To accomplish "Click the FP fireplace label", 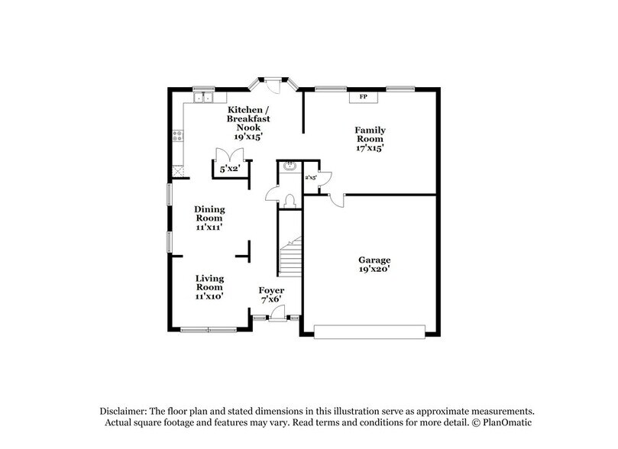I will pyautogui.click(x=364, y=97).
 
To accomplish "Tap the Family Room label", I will pyautogui.click(x=368, y=139).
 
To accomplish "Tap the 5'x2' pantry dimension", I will pyautogui.click(x=231, y=167).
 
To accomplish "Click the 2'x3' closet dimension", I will pyautogui.click(x=312, y=176).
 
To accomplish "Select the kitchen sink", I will pyautogui.click(x=202, y=97).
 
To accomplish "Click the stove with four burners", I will pyautogui.click(x=177, y=137).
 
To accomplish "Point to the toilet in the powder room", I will pyautogui.click(x=289, y=199).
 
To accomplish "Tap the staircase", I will pyautogui.click(x=290, y=257).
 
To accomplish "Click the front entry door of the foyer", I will pyautogui.click(x=278, y=313).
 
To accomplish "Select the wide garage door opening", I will pyautogui.click(x=370, y=331).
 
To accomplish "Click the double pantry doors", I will pyautogui.click(x=230, y=153).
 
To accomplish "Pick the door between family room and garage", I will pyautogui.click(x=337, y=200).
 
